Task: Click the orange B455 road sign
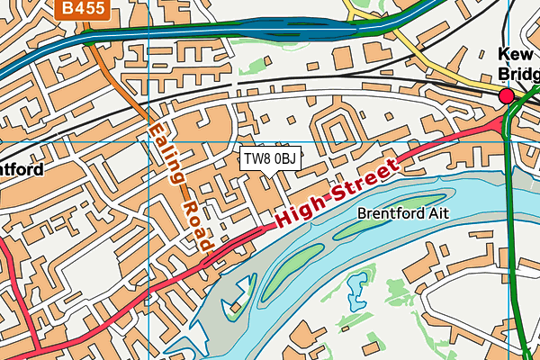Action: tap(82, 10)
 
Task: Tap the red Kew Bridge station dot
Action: tap(506, 94)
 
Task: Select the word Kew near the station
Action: tap(517, 53)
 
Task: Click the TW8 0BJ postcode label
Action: tap(269, 159)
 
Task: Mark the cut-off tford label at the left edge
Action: tap(20, 168)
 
